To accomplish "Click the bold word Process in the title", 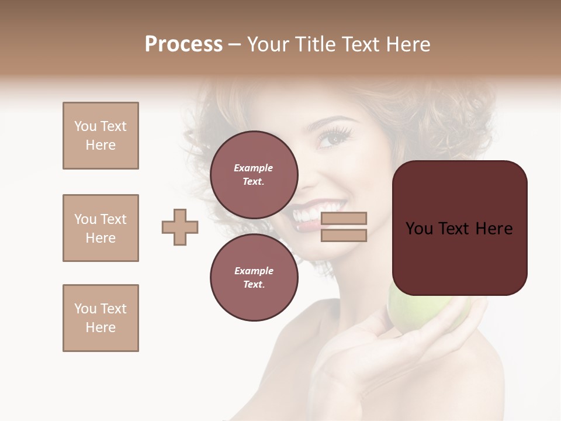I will coord(183,44).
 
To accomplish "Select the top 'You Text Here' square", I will coord(101,136).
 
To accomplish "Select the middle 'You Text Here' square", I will coord(101,228).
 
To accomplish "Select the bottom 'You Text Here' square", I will coord(101,318).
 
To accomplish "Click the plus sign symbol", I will coord(180,227).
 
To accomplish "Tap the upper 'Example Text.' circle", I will coord(254,174).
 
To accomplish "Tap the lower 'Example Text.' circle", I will coord(254,277).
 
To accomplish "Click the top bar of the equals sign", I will coord(344,219).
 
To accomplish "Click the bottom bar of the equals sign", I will coord(344,235).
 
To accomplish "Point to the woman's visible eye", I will coord(334,139).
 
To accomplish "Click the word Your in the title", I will coord(268,44).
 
